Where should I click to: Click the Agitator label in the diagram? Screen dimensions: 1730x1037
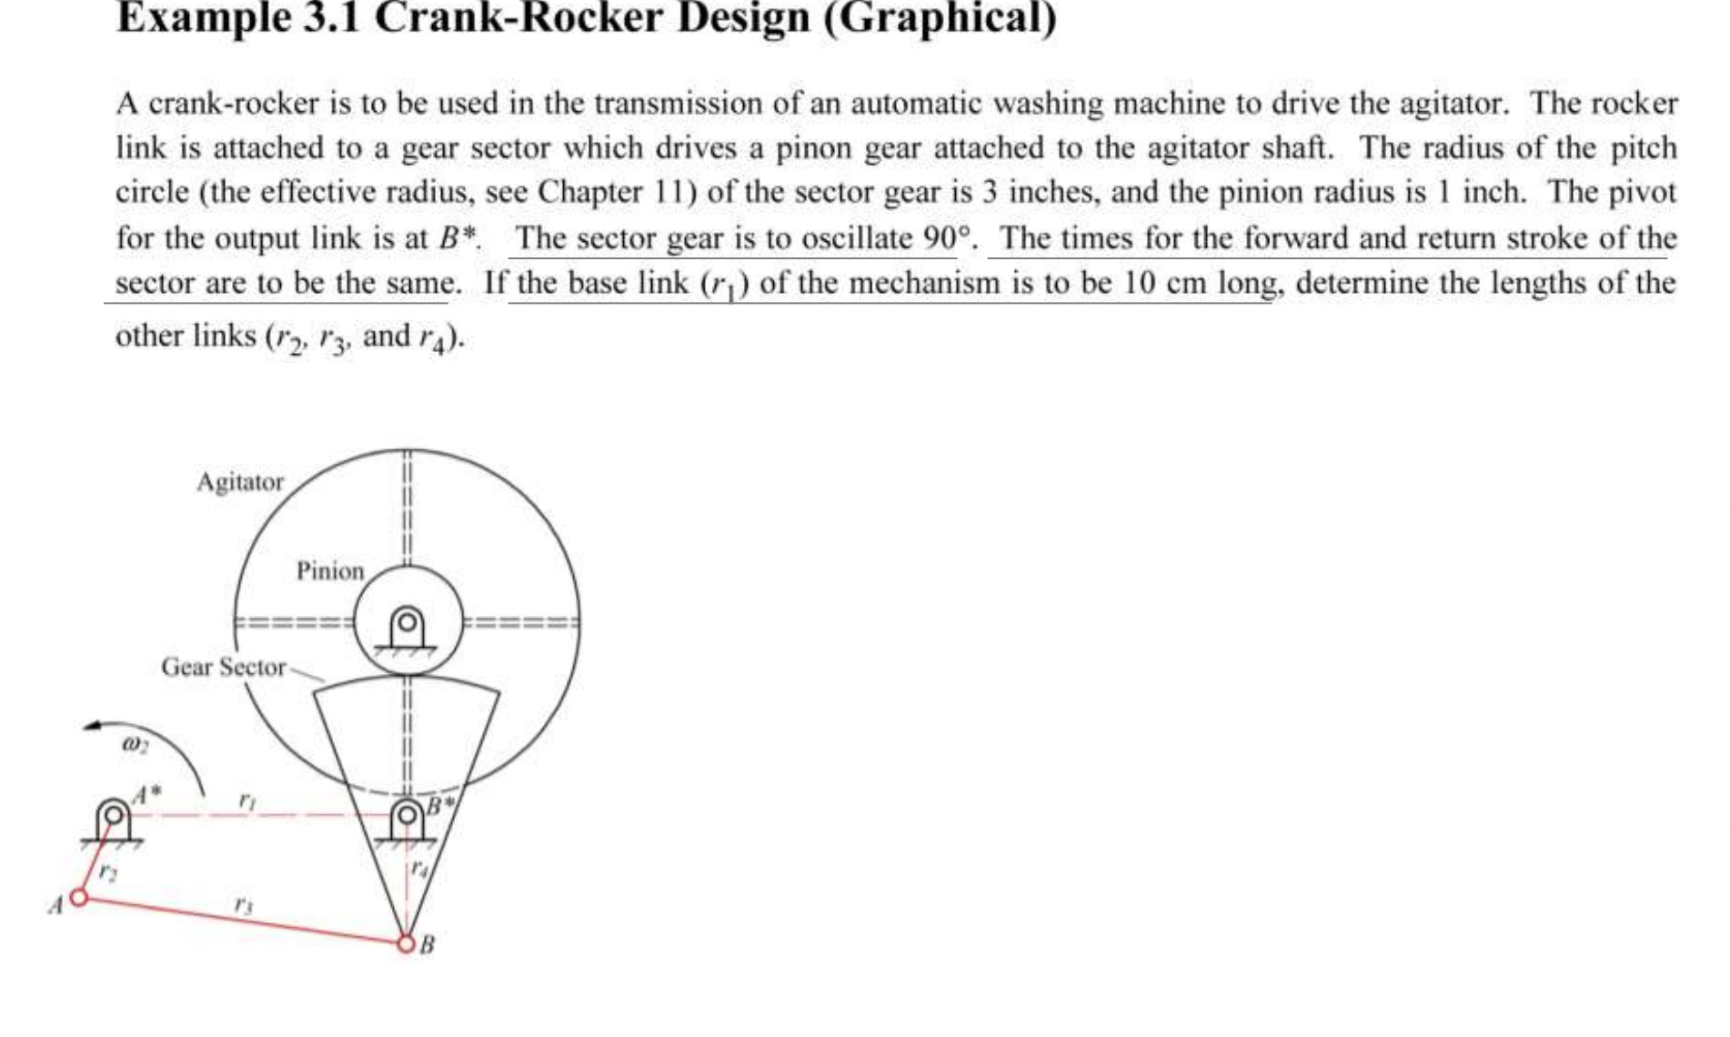pyautogui.click(x=240, y=481)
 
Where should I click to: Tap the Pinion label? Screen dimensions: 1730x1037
pyautogui.click(x=330, y=571)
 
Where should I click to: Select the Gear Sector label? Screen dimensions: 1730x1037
pyautogui.click(x=223, y=667)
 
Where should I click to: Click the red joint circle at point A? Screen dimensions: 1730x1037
pyautogui.click(x=79, y=898)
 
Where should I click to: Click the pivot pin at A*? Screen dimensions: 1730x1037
pyautogui.click(x=114, y=812)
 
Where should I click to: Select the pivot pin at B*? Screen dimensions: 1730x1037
pyautogui.click(x=408, y=812)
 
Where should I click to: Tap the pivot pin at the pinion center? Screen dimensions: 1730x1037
pyautogui.click(x=407, y=623)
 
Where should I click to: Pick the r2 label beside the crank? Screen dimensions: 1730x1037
pyautogui.click(x=108, y=871)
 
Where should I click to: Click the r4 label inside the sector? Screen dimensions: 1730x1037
pyautogui.click(x=418, y=867)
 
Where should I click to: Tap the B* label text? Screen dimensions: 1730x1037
pyautogui.click(x=440, y=805)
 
